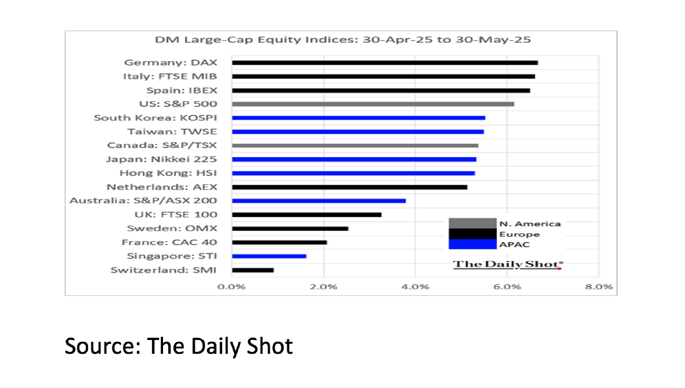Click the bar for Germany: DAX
tap(385, 63)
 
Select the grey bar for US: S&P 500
tap(373, 104)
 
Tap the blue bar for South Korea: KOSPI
tap(358, 118)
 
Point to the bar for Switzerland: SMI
tap(252, 270)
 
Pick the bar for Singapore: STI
tap(269, 256)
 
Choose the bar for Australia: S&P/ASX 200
tap(319, 201)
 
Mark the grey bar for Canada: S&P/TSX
tap(355, 145)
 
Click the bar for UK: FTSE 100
tap(306, 214)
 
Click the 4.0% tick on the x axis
tap(415, 287)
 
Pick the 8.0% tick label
tap(598, 287)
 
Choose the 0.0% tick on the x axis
tap(232, 287)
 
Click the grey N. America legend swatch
tap(472, 224)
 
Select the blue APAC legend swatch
tap(472, 244)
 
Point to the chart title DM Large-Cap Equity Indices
tap(342, 40)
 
